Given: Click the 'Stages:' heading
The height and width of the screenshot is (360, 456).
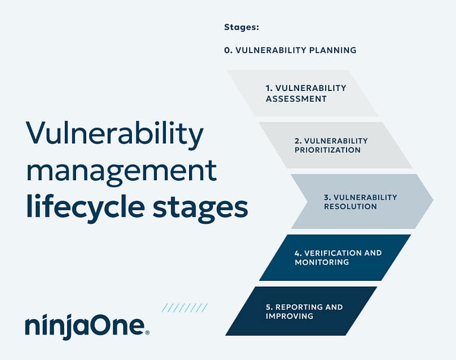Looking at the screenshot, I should pyautogui.click(x=242, y=27).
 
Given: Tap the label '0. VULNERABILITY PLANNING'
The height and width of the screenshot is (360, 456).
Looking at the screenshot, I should pyautogui.click(x=290, y=51).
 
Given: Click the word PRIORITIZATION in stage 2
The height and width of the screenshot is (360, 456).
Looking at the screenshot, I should pyautogui.click(x=328, y=150).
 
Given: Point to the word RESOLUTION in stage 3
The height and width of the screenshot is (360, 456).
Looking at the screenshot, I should pyautogui.click(x=350, y=206).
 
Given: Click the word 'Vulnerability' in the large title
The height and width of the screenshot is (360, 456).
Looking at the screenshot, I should pyautogui.click(x=114, y=135).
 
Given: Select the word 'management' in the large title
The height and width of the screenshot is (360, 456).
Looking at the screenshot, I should pyautogui.click(x=121, y=171).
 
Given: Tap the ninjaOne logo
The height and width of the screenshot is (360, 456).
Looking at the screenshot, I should pyautogui.click(x=87, y=327).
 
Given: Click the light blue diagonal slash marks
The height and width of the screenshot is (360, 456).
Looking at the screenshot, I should pyautogui.click(x=184, y=308).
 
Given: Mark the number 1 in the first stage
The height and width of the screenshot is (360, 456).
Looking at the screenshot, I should pyautogui.click(x=268, y=88).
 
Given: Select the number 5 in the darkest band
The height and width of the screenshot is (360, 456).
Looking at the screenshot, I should pyautogui.click(x=268, y=307).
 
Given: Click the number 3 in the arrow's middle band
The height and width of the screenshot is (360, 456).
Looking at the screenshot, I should pyautogui.click(x=326, y=198).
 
